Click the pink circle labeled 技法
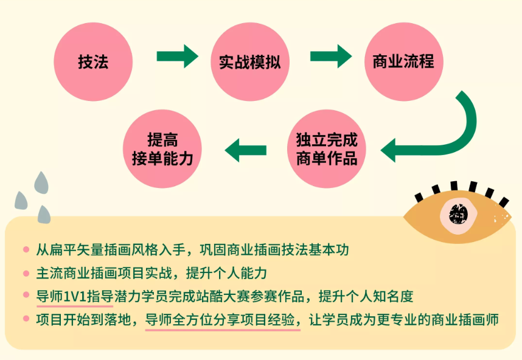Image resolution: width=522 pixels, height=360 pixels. pos(93,62)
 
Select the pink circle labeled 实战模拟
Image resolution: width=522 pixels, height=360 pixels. pos(250,62)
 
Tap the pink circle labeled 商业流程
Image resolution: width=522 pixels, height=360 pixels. pos(403,62)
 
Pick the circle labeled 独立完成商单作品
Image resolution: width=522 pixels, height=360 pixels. pos(327,148)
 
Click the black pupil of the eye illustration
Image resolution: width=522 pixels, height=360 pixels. pos(458,213)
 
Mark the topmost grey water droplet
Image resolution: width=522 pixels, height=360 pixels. pos(41,181)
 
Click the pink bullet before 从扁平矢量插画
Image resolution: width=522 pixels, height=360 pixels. pos(26,250)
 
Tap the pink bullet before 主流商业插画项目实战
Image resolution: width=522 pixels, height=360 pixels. pos(26,273)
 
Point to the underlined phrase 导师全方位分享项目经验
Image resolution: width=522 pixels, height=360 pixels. pos(222,320)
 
